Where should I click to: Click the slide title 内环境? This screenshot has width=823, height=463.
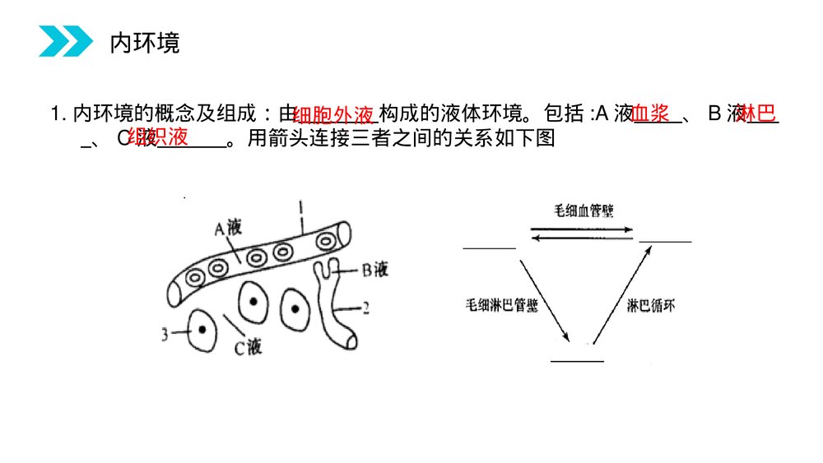145,43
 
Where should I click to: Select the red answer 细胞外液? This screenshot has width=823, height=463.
334,114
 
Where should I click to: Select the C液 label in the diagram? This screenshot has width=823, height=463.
246,348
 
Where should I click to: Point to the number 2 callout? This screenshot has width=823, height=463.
365,310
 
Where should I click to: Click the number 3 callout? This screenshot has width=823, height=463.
166,333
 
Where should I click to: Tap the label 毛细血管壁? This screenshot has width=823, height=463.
584,211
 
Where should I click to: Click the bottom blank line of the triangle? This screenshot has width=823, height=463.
577,360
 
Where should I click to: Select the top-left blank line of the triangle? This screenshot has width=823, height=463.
489,246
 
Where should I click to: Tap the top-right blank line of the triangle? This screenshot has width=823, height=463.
666,242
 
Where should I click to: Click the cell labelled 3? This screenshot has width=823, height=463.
200,331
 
